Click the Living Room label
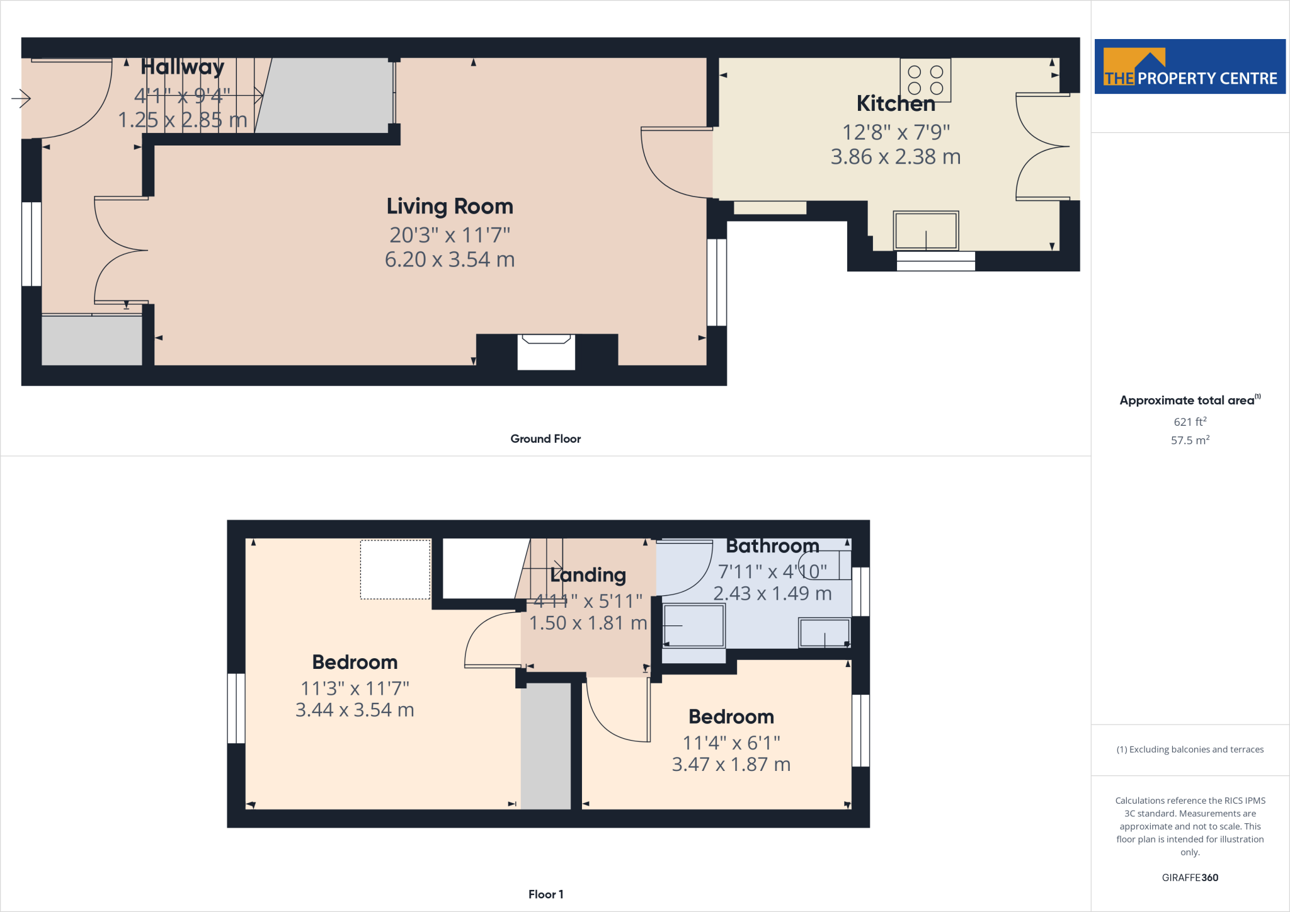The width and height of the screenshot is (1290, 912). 450,207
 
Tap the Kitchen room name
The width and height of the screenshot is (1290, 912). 896,103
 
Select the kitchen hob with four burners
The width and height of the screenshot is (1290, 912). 925,80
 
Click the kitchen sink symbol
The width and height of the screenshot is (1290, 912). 925,231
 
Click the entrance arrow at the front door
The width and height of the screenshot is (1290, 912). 21,98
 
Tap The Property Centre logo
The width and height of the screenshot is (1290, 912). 1190,67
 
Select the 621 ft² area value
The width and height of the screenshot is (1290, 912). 1190,421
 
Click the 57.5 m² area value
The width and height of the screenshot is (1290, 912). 1190,440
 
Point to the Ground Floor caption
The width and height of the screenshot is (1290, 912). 545,439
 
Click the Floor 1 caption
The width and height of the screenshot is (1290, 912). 545,894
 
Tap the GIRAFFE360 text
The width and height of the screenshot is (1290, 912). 1190,877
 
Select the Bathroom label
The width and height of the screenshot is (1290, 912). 772,546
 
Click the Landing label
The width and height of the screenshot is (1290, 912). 588,575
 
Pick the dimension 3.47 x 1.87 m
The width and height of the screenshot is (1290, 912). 731,765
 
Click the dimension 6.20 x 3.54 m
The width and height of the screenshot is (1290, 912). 450,259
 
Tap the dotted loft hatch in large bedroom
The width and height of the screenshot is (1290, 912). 396,569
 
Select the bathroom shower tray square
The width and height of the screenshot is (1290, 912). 693,625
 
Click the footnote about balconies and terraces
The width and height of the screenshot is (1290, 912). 1190,750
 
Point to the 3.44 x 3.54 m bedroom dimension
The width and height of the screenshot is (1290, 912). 355,710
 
